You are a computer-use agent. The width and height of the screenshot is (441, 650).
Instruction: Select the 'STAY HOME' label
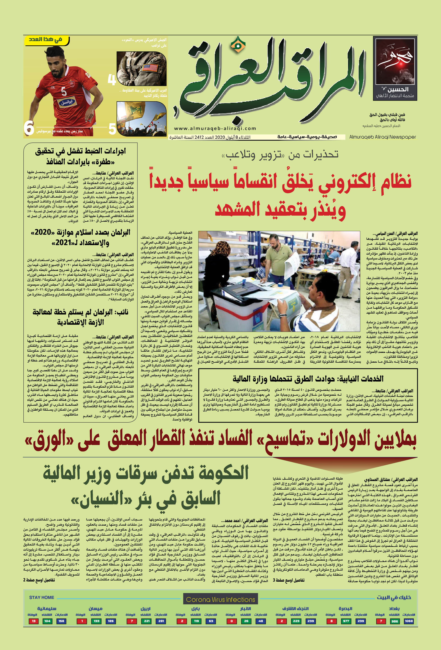(x=41, y=597)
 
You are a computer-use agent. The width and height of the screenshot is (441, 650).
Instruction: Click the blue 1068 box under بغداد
(x=409, y=621)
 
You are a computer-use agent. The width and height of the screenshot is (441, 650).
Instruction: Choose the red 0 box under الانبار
(x=232, y=621)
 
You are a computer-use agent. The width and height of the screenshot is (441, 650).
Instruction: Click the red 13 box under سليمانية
(x=34, y=621)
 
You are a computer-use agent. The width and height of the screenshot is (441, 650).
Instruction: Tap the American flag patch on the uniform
(x=146, y=68)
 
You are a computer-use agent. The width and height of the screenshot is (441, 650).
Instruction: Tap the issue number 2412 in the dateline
(x=199, y=137)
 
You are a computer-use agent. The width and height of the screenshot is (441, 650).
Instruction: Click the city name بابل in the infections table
(x=196, y=608)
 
